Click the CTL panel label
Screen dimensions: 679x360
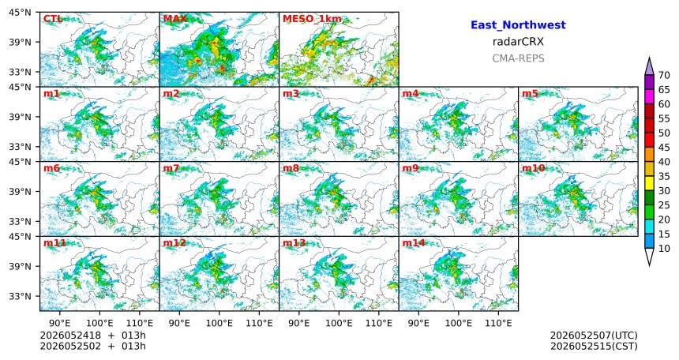[x=53, y=19]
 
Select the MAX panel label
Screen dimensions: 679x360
[x=175, y=19]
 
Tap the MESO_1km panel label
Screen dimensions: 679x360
[x=312, y=19]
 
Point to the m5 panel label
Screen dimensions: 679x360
[x=530, y=93]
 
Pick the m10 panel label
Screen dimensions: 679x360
[x=534, y=168]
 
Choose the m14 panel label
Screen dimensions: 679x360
[x=414, y=242]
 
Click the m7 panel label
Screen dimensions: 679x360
[x=171, y=168]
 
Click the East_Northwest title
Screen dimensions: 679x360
[x=518, y=25]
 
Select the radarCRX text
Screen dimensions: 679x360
[x=518, y=42]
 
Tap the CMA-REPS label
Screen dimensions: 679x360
[x=518, y=58]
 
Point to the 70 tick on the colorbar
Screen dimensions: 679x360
[x=664, y=75]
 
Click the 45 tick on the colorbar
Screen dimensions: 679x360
[x=664, y=148]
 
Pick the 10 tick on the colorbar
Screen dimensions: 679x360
[x=664, y=248]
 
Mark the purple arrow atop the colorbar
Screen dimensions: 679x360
[x=649, y=67]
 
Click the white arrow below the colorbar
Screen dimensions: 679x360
[x=649, y=257]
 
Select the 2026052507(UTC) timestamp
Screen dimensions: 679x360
[x=594, y=336]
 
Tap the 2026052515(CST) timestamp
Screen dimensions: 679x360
[x=594, y=347]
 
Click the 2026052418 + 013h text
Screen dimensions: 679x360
[x=92, y=336]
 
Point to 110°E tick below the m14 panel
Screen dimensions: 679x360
[x=498, y=323]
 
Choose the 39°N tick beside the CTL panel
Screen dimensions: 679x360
[x=21, y=42]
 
